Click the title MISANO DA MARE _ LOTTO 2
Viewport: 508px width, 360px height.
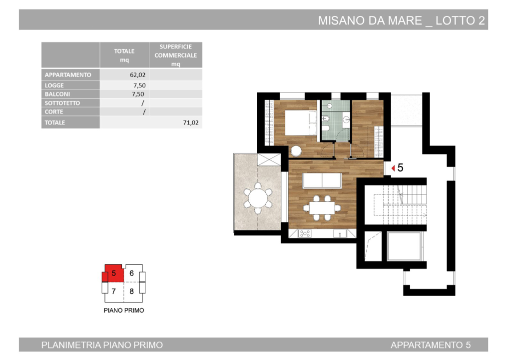tap(402, 20)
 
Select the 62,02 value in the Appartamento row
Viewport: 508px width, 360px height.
tap(137, 75)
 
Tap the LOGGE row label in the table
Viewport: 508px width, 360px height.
tap(54, 85)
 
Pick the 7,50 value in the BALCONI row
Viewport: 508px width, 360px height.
tap(138, 94)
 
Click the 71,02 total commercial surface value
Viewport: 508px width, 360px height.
tap(191, 122)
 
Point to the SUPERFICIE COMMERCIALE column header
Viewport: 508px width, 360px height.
tap(175, 55)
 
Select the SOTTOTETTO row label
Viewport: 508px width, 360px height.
tap(62, 103)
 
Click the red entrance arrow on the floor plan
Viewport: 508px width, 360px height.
tap(393, 168)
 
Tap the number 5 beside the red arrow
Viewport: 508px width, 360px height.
tap(401, 168)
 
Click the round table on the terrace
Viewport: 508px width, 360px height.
tap(258, 198)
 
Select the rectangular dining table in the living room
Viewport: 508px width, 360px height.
tap(322, 206)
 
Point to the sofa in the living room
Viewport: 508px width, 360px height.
tap(322, 180)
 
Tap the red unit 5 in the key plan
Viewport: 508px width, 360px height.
tap(113, 273)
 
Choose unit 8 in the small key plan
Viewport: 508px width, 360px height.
tap(131, 291)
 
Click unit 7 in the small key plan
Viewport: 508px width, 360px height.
tap(114, 291)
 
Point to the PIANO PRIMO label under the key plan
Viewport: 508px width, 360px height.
tap(124, 310)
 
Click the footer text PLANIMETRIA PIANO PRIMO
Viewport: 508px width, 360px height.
tap(102, 345)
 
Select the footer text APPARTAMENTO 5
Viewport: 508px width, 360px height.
tap(431, 345)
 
